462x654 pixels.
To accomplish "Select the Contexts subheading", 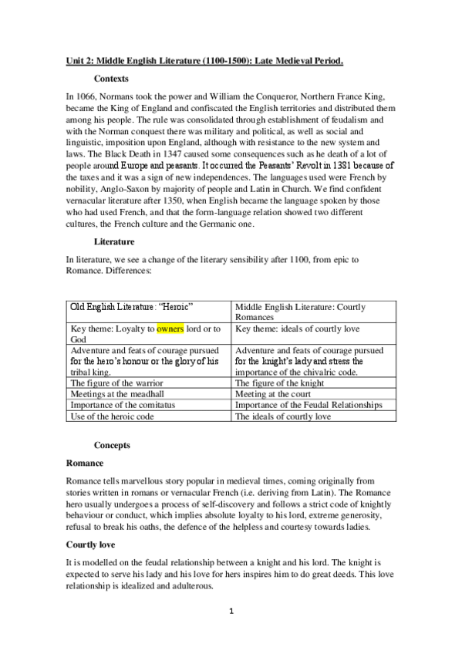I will (111, 79).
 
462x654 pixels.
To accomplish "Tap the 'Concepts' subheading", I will (112, 445).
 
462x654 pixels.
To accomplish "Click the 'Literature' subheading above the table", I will (116, 241).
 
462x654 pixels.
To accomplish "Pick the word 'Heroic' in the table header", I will (174, 306).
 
